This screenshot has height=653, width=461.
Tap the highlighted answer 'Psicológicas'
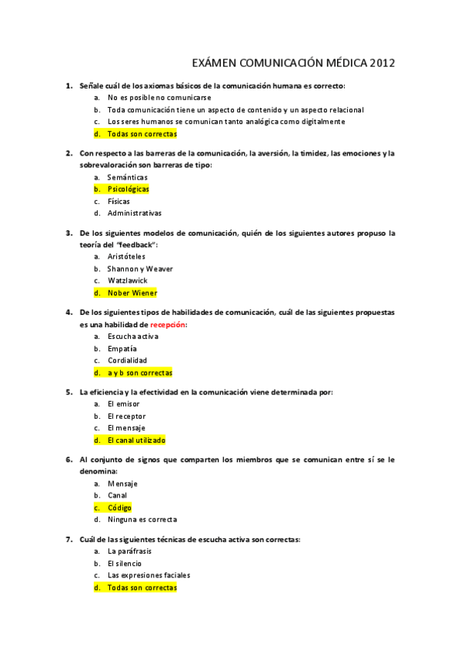tap(129, 189)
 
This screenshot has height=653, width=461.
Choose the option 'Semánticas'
tap(128, 177)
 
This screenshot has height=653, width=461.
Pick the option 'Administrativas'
tap(135, 213)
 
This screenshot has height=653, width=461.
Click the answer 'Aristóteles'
tap(126, 256)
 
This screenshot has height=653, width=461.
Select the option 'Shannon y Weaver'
tap(140, 269)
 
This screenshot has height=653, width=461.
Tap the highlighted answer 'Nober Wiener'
tap(132, 293)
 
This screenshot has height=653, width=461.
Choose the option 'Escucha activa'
tap(133, 337)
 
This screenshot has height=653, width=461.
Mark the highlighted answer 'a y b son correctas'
tap(139, 373)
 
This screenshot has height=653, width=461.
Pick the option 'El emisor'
tap(123, 404)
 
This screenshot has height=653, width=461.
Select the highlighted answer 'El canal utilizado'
tap(136, 440)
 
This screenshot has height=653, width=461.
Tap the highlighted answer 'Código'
tap(119, 507)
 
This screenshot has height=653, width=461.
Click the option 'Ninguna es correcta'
tap(142, 520)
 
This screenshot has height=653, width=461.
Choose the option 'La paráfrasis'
tap(130, 551)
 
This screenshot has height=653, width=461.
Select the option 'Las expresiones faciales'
tap(149, 575)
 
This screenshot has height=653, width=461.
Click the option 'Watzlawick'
tap(127, 280)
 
